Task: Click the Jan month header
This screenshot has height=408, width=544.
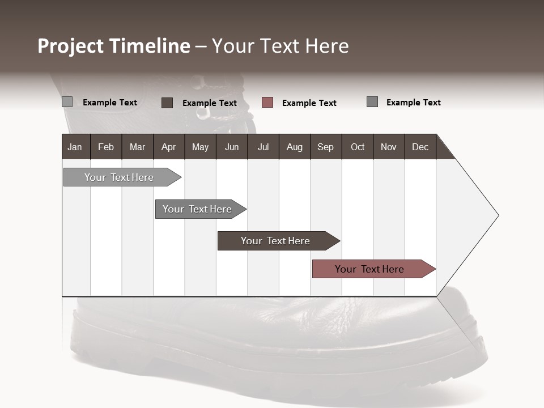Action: pyautogui.click(x=75, y=147)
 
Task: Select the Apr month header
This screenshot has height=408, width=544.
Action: pyautogui.click(x=169, y=147)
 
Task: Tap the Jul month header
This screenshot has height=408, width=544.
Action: pyautogui.click(x=263, y=147)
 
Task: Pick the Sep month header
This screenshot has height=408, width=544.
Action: pyautogui.click(x=326, y=147)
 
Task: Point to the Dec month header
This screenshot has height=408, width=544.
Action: pyautogui.click(x=420, y=147)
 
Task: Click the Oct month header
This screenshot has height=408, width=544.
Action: pyautogui.click(x=358, y=147)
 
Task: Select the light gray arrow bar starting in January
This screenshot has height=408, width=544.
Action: pyautogui.click(x=120, y=177)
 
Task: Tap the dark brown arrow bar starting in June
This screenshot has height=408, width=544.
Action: pyautogui.click(x=276, y=241)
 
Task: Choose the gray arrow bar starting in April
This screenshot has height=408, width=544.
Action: pyautogui.click(x=198, y=209)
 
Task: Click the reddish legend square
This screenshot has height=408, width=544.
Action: pyautogui.click(x=267, y=103)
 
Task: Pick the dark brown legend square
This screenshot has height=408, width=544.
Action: pyautogui.click(x=167, y=103)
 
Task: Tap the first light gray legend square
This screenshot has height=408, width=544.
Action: pyautogui.click(x=67, y=102)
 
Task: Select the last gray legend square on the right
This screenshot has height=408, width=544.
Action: pyautogui.click(x=372, y=102)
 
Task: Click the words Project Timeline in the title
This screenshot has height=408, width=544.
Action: pyautogui.click(x=113, y=46)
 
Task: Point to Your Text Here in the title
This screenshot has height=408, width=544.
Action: pyautogui.click(x=280, y=46)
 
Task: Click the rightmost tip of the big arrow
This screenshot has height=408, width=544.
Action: pyautogui.click(x=498, y=215)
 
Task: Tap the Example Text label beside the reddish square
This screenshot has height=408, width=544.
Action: pyautogui.click(x=309, y=103)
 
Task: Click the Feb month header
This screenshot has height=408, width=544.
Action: pyautogui.click(x=106, y=147)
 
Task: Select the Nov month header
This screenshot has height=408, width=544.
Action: pyautogui.click(x=389, y=147)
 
